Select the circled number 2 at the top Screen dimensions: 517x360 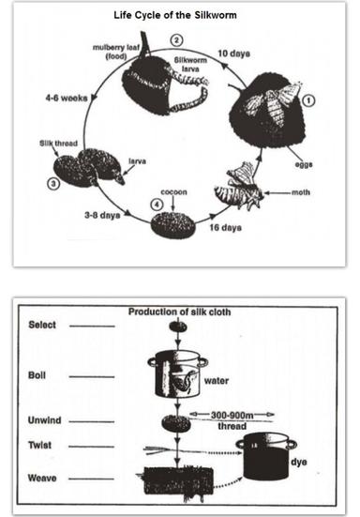177,40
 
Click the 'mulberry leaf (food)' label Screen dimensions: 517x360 116,51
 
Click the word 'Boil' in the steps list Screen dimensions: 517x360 37,373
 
